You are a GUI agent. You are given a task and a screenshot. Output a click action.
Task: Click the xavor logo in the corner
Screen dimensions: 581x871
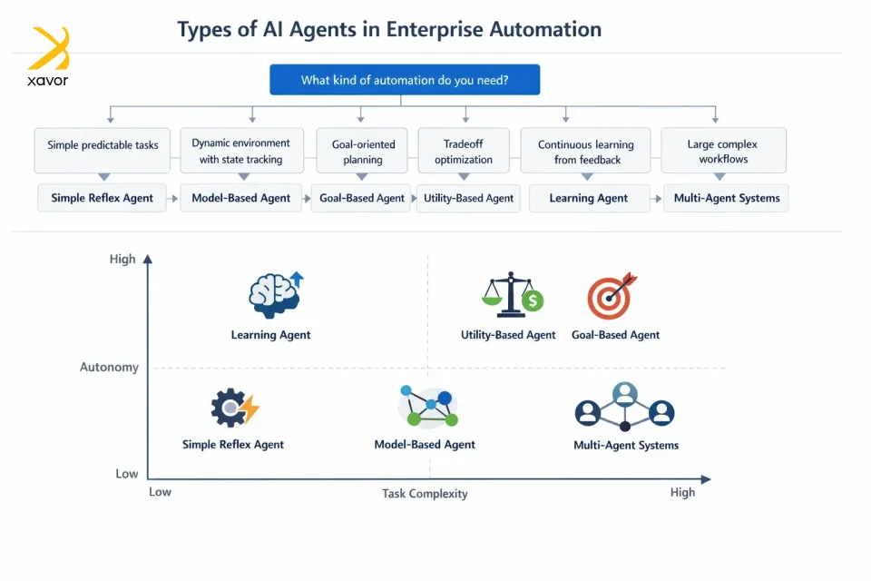[48, 56]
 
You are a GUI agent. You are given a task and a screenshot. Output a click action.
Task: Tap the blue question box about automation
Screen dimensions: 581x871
[405, 80]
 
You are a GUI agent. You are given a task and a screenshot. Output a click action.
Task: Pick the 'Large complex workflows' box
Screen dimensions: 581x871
[723, 151]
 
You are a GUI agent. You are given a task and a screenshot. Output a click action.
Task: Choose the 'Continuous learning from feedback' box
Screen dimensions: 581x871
[585, 151]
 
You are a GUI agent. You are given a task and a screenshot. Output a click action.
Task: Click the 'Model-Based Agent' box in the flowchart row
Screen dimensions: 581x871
[241, 198]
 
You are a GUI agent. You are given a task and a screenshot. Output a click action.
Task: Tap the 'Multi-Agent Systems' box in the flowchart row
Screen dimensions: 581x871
[726, 198]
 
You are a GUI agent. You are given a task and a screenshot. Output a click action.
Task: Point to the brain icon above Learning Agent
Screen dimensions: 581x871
[275, 295]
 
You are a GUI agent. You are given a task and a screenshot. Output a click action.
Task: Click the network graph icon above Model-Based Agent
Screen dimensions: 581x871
[427, 406]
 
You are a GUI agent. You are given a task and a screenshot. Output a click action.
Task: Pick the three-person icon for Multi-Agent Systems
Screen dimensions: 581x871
[625, 407]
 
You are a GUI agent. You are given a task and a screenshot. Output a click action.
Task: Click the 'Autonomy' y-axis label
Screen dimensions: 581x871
[110, 368]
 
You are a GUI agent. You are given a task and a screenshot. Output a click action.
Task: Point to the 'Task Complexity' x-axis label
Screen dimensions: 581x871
[425, 494]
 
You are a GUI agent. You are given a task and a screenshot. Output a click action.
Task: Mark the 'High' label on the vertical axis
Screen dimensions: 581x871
[122, 259]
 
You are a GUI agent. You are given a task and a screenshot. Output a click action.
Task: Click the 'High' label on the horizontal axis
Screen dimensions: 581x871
[682, 492]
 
